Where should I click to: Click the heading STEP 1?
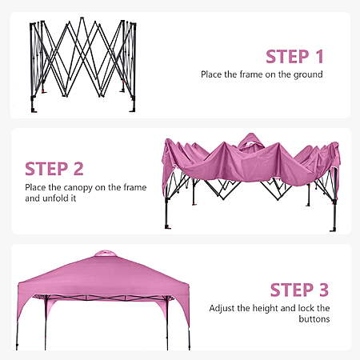[294, 57]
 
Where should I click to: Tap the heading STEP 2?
[54, 169]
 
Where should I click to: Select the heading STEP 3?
[299, 290]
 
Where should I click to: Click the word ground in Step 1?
[308, 75]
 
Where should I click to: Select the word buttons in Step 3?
[314, 319]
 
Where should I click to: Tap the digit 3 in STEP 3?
[323, 290]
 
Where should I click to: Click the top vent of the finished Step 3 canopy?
[106, 254]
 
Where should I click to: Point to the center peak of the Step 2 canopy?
[250, 140]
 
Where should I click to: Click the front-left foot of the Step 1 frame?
[34, 110]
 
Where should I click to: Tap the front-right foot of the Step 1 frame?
[133, 109]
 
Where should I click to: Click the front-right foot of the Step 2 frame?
[333, 230]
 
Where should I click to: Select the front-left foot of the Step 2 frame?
[168, 227]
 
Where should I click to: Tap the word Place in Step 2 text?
[35, 187]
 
